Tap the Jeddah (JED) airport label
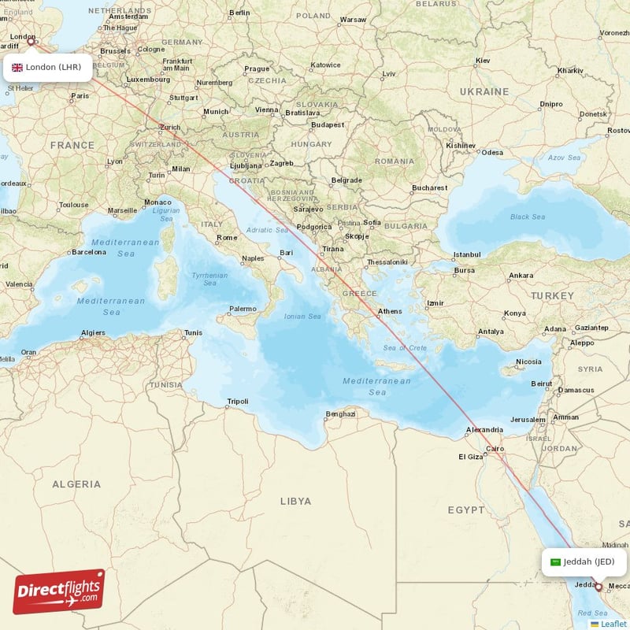(x=584, y=561)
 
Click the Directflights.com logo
(x=59, y=591)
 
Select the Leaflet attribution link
(x=613, y=624)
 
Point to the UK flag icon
(x=17, y=67)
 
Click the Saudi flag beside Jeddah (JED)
(x=555, y=562)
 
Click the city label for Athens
(x=389, y=311)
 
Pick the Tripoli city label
(x=237, y=402)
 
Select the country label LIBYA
(x=295, y=501)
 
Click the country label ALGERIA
(x=76, y=484)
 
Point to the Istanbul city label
(x=466, y=254)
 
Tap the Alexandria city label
(x=484, y=430)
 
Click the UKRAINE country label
(x=484, y=91)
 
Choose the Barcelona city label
(x=88, y=252)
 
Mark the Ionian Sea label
(x=302, y=317)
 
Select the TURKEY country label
(x=552, y=295)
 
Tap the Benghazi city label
(x=340, y=414)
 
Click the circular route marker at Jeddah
(x=598, y=587)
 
